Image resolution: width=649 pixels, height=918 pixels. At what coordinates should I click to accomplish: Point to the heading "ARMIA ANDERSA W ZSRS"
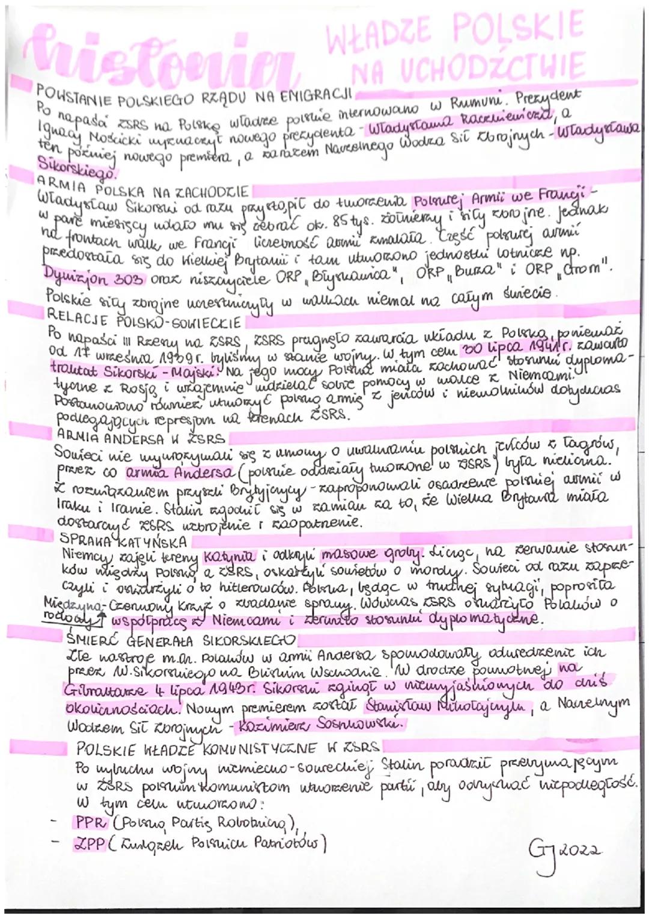(141, 437)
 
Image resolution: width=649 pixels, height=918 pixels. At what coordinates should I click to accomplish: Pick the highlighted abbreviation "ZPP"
(88, 844)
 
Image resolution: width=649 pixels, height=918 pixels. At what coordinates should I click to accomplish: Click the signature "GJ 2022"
(561, 849)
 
